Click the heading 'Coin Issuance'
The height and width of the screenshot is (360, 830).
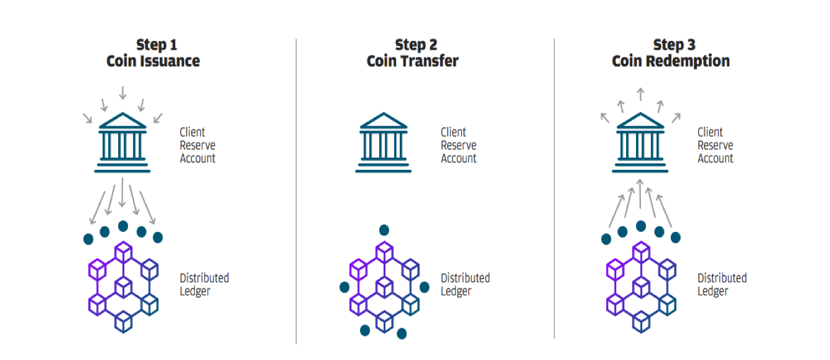point(153,61)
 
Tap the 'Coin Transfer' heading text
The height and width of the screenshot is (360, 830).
point(412,61)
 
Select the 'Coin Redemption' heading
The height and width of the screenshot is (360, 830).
point(671,61)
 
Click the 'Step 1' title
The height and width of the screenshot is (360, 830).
point(157,45)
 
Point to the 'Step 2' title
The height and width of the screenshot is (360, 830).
point(416,45)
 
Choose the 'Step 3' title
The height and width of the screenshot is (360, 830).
point(674,45)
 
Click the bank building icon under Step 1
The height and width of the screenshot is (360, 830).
point(122,142)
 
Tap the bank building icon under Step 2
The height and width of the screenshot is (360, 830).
point(384,142)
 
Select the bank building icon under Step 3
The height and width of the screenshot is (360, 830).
point(640,142)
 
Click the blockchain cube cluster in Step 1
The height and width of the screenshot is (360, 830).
point(123,287)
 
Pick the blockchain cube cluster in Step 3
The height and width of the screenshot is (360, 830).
point(641,287)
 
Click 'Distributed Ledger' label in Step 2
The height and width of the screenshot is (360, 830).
point(465,284)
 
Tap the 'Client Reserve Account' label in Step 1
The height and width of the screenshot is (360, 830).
point(197,145)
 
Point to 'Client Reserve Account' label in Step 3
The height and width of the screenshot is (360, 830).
point(715,145)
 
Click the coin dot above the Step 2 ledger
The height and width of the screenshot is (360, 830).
point(384,230)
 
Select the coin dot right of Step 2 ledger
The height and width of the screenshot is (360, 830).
point(425,287)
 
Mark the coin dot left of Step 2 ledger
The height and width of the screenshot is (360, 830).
point(344,287)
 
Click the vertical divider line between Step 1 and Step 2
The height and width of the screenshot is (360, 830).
point(296,191)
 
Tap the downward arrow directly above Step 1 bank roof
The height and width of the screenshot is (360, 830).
point(122,93)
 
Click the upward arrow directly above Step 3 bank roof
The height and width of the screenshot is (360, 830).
point(640,94)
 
